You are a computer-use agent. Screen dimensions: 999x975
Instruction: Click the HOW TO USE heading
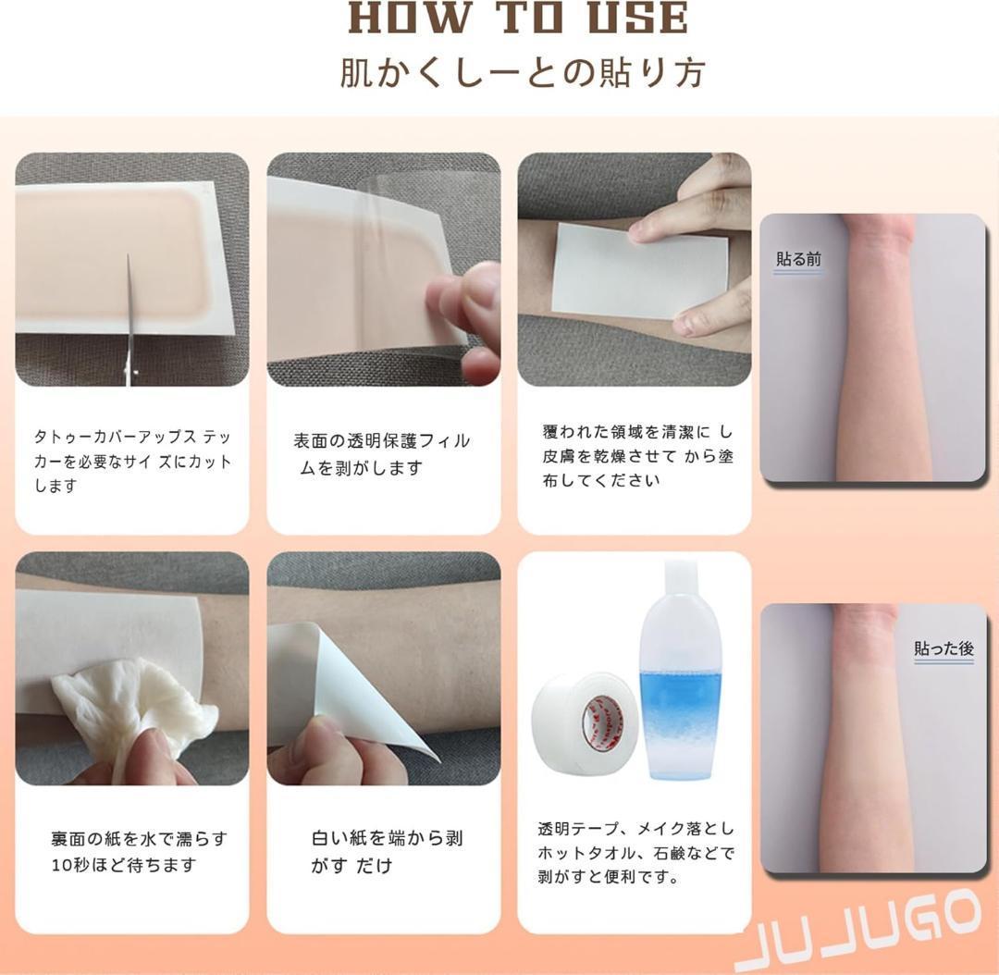click(x=519, y=18)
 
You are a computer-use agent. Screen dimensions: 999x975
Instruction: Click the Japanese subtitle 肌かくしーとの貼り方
click(x=523, y=73)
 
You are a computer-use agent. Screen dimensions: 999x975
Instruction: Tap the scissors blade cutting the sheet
click(x=130, y=306)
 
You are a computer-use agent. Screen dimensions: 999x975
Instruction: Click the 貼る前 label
click(x=798, y=259)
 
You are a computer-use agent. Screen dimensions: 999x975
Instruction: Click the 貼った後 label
click(x=943, y=648)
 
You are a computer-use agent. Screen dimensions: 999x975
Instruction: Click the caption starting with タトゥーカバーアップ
click(x=132, y=462)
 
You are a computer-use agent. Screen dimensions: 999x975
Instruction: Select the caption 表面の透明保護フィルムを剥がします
click(x=381, y=453)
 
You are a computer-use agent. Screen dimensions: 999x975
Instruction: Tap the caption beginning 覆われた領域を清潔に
click(x=637, y=456)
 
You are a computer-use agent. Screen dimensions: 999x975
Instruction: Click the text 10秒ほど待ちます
click(x=123, y=865)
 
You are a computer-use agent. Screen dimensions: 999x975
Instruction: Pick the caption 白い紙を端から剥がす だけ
click(x=387, y=851)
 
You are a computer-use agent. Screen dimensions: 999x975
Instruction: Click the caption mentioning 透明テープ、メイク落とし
click(x=635, y=853)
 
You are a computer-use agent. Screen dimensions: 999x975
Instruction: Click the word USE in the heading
click(x=638, y=18)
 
